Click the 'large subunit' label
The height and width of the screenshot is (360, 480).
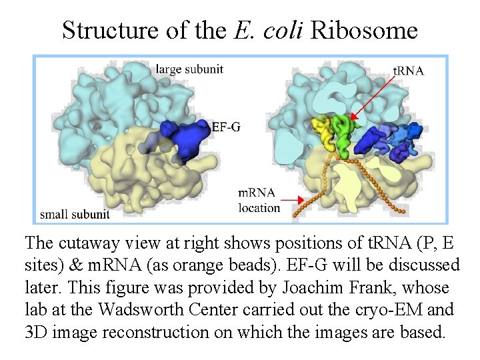(x=189, y=69)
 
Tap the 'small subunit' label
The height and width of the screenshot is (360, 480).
(x=75, y=214)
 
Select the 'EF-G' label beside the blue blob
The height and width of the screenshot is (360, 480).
(x=226, y=126)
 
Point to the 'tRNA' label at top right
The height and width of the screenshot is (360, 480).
(x=408, y=70)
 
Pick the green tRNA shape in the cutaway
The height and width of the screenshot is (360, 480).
(x=345, y=132)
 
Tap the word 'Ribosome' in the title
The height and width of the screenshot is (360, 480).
(x=364, y=30)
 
